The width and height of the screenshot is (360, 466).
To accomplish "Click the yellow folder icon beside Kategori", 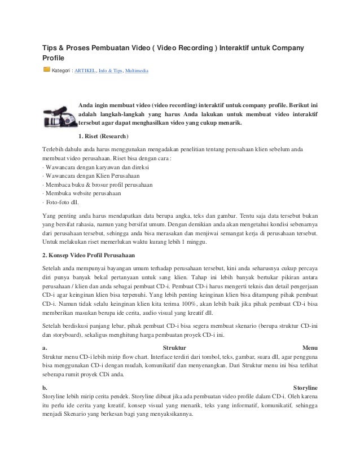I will (x=46, y=70).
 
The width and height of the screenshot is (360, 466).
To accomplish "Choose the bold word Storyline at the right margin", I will (x=306, y=388).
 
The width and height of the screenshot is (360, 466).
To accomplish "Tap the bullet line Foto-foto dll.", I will (x=64, y=202).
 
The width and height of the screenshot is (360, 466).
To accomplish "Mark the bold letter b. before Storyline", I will (x=45, y=388).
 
